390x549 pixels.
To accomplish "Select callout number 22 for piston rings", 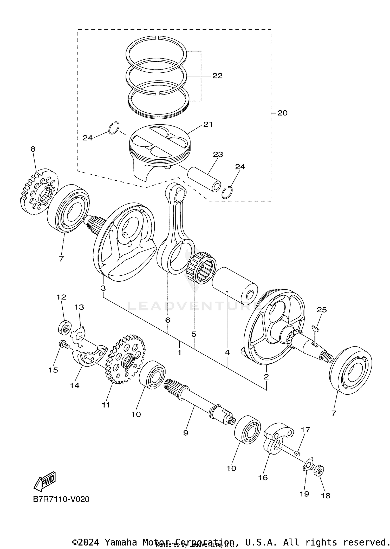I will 217,76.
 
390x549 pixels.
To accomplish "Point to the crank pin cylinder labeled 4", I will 235,286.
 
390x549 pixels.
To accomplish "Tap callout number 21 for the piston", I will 208,125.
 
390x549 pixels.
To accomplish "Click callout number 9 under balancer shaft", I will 185,433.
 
